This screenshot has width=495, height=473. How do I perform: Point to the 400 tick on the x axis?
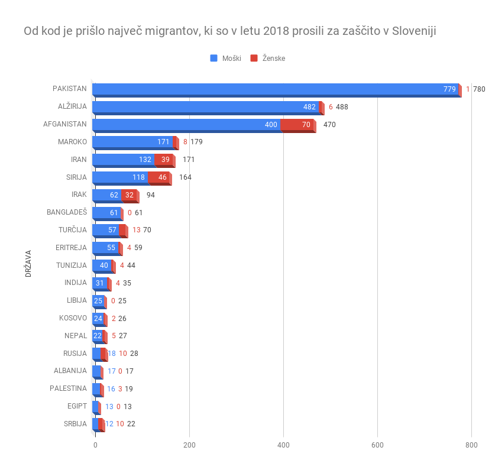click(x=283, y=445)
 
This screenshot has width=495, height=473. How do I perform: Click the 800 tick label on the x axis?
click(x=471, y=445)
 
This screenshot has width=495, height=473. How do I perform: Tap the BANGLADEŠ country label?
click(x=67, y=212)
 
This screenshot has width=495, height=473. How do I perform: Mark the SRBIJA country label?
click(x=75, y=424)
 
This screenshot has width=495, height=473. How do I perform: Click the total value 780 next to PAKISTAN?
click(x=479, y=89)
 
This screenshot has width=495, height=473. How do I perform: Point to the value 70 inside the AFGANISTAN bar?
click(x=306, y=125)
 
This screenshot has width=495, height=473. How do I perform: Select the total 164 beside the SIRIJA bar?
click(x=185, y=177)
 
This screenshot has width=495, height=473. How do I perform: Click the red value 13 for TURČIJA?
click(x=136, y=230)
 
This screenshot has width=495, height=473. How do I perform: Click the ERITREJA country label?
click(x=72, y=248)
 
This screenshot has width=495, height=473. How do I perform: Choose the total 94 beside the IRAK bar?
click(x=150, y=195)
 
